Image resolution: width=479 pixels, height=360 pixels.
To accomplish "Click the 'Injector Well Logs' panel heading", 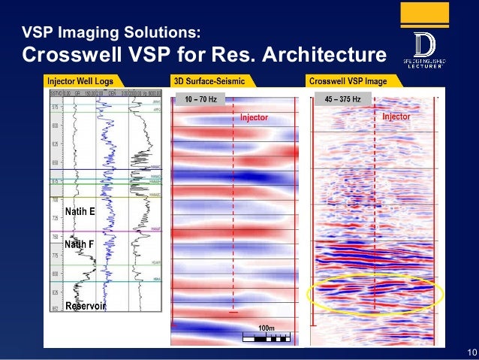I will [x=80, y=80].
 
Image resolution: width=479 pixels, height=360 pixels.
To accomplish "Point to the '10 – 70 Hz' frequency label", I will [x=200, y=98].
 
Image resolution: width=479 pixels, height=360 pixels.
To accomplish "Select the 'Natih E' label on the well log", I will [x=80, y=213].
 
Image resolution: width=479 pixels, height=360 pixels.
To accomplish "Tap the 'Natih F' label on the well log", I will [x=79, y=244].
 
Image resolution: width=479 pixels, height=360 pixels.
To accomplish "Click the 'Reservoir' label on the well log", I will [x=84, y=306].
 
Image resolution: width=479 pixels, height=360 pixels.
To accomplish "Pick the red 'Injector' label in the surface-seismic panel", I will [x=254, y=118].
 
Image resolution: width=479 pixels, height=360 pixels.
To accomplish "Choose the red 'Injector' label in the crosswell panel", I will [x=396, y=117].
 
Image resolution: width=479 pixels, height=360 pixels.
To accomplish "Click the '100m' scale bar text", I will [x=267, y=328].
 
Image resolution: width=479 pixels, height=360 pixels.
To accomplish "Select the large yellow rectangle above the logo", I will [x=424, y=14].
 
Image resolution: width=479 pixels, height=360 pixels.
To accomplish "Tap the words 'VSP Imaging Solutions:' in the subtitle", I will [x=111, y=32].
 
